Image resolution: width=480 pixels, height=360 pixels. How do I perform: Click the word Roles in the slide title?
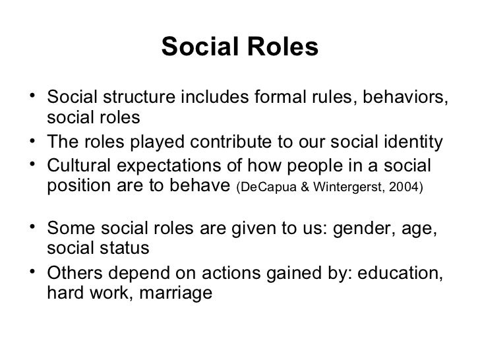point(281,47)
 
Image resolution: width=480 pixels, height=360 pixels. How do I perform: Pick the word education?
point(402,271)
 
